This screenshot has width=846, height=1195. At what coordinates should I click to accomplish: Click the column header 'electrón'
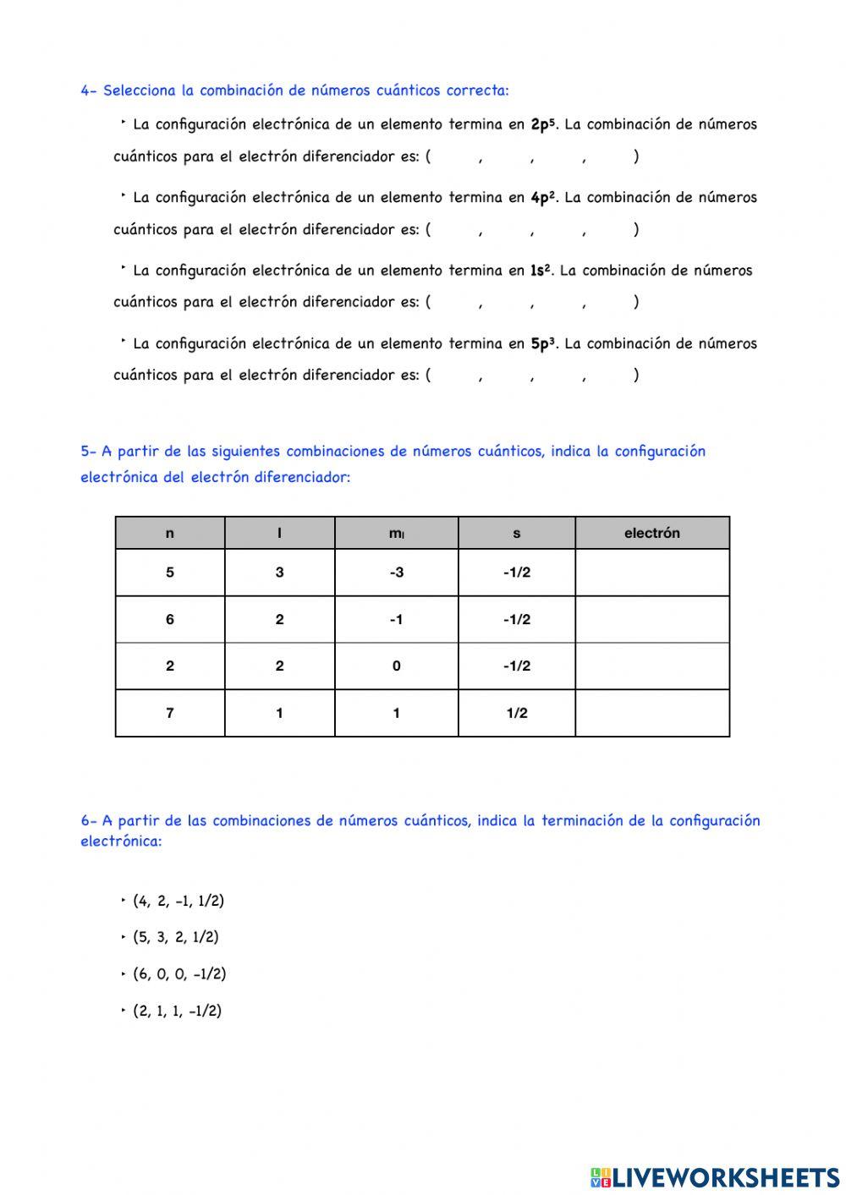pyautogui.click(x=651, y=533)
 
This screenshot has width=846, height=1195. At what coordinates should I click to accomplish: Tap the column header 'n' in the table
pyautogui.click(x=170, y=533)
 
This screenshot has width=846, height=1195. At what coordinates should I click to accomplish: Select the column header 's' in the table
pyautogui.click(x=516, y=533)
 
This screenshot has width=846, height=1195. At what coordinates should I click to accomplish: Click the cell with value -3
pyautogui.click(x=396, y=573)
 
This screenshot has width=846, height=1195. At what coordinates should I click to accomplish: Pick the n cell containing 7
pyautogui.click(x=170, y=713)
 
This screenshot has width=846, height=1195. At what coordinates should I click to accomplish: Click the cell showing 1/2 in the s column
pyautogui.click(x=516, y=713)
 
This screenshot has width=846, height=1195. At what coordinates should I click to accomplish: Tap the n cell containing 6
pyautogui.click(x=170, y=619)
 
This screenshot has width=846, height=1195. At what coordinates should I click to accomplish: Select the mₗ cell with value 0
pyautogui.click(x=396, y=666)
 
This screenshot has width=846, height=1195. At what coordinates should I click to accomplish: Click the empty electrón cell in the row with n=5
pyautogui.click(x=651, y=573)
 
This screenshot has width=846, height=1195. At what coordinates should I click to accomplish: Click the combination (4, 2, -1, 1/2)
pyautogui.click(x=179, y=901)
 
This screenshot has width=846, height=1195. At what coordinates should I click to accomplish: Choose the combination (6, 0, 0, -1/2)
pyautogui.click(x=179, y=973)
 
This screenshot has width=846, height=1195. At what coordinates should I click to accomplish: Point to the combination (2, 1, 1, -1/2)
pyautogui.click(x=177, y=1011)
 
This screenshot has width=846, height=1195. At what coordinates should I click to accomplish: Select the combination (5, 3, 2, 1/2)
pyautogui.click(x=175, y=937)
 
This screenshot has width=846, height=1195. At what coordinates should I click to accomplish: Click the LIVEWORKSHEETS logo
pyautogui.click(x=715, y=1177)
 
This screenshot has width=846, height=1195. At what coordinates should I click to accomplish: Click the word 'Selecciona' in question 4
pyautogui.click(x=140, y=90)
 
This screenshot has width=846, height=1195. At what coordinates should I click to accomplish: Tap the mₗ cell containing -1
pyautogui.click(x=396, y=619)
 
